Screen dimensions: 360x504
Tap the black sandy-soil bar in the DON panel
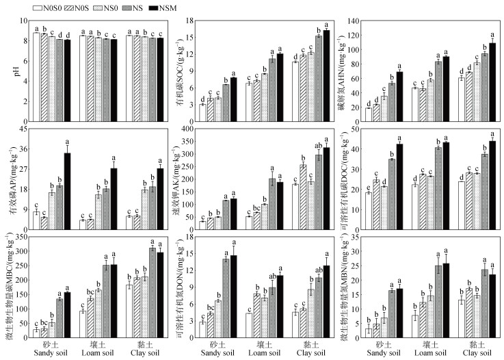[x=234, y=298]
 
